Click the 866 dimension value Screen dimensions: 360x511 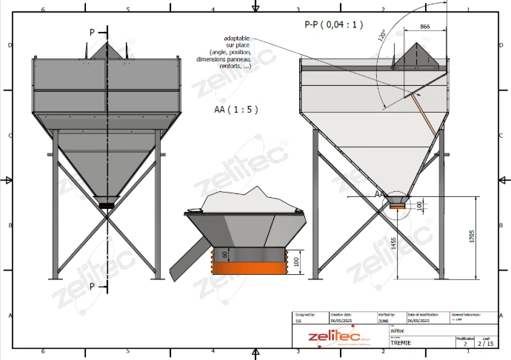pos(424,26)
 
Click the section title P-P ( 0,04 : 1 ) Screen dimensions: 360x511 pos(334,24)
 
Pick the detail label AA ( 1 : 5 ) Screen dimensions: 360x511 pos(236,109)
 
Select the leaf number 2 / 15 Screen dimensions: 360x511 pos(485,344)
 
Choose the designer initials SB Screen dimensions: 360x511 pos(298,321)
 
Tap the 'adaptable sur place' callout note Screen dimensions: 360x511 pos(225,53)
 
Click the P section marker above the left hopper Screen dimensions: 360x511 pos(92,33)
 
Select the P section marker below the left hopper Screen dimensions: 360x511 pos(92,285)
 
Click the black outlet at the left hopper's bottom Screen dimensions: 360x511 pos(107,203)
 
